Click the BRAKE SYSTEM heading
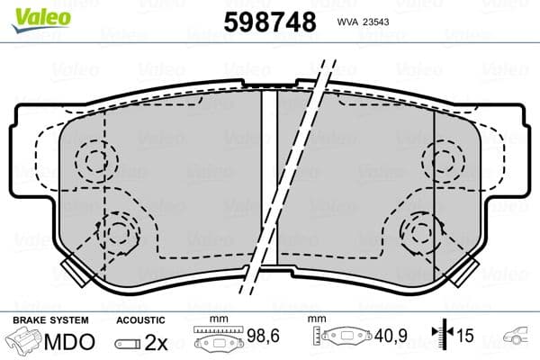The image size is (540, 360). tap(49, 319)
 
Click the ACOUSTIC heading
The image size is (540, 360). tap(141, 319)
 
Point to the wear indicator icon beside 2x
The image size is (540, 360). tap(130, 344)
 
